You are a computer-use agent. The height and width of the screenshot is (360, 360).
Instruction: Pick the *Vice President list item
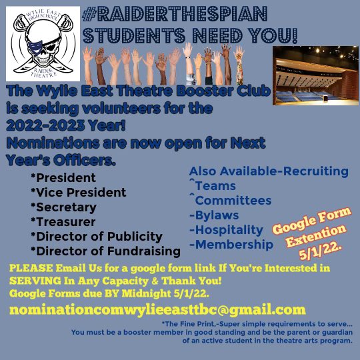pyautogui.click(x=78, y=193)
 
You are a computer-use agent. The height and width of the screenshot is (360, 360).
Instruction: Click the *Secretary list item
pyautogui.click(x=63, y=207)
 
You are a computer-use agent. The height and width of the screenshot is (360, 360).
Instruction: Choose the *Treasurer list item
pyautogui.click(x=63, y=222)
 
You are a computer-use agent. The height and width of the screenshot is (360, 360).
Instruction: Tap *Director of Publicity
pyautogui.click(x=96, y=237)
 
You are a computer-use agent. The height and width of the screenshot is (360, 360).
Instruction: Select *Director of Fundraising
pyautogui.click(x=105, y=251)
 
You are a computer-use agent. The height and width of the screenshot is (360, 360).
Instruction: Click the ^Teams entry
pyautogui.click(x=212, y=186)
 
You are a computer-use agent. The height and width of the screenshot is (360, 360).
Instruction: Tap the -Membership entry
pyautogui.click(x=231, y=245)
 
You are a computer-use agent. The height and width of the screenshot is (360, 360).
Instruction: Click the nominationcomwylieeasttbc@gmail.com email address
pyautogui.click(x=157, y=309)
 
